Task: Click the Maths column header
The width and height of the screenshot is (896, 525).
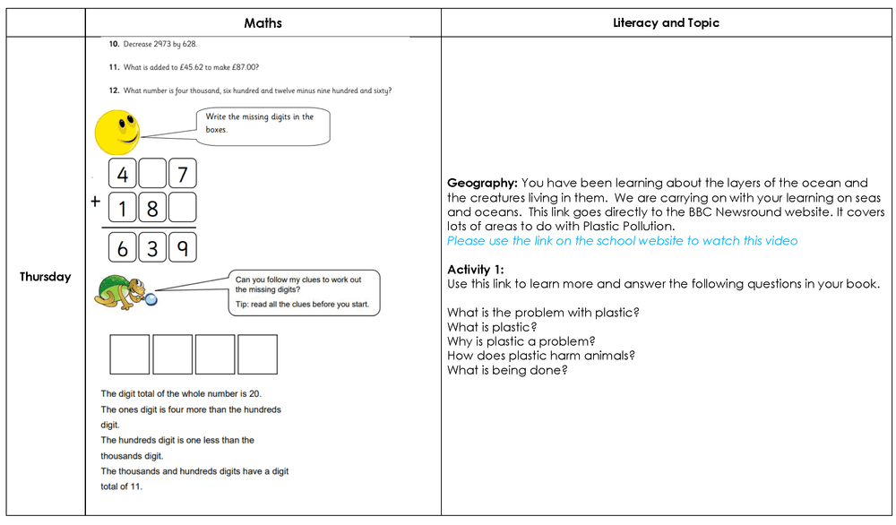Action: (x=263, y=22)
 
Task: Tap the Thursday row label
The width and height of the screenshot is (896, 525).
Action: (x=46, y=277)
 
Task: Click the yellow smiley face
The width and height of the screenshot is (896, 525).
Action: (x=117, y=132)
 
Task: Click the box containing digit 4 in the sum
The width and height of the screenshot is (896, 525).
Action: (x=123, y=173)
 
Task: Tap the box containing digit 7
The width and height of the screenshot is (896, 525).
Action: (x=182, y=173)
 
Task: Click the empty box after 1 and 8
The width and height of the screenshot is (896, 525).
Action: (x=182, y=208)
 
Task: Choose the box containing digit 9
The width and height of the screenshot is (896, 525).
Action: (x=182, y=247)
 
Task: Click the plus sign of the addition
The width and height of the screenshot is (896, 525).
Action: (x=94, y=202)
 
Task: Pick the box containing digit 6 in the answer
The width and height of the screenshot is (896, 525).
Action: (x=123, y=247)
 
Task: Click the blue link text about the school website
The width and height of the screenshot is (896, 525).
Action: (x=622, y=241)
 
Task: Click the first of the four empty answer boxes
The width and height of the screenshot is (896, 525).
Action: (x=130, y=354)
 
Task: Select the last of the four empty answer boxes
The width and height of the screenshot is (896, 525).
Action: (x=257, y=354)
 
